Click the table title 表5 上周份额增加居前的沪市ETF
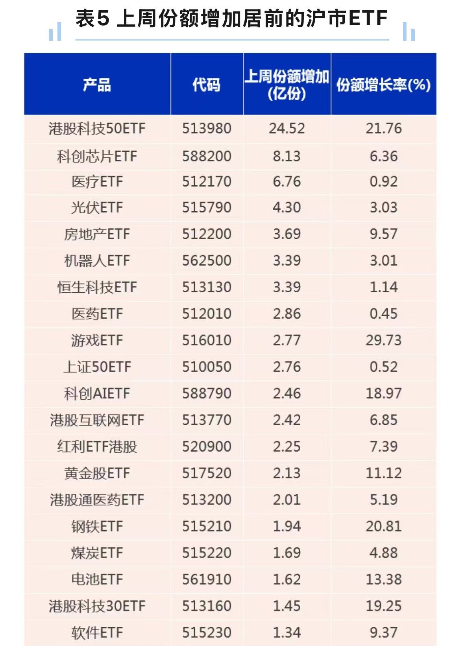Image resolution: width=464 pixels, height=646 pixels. [x=231, y=18]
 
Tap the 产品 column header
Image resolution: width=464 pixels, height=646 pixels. [x=97, y=85]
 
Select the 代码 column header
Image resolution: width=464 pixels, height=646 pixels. [x=206, y=85]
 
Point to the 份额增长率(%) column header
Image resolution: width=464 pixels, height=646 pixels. [x=383, y=85]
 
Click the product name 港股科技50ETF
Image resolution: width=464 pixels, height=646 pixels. [x=97, y=129]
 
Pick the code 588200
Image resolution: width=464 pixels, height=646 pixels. [x=207, y=156]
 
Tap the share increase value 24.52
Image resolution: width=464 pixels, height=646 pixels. [x=287, y=129]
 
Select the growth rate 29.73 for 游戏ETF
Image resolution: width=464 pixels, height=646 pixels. [x=383, y=340]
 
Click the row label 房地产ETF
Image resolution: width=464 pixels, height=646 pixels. [x=97, y=234]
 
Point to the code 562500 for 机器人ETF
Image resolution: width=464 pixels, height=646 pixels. [x=207, y=260]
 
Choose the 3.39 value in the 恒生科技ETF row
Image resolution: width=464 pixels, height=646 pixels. [x=287, y=287]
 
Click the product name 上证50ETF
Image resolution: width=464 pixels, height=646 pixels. [x=97, y=367]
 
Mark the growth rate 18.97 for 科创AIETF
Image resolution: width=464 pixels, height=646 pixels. [x=383, y=393]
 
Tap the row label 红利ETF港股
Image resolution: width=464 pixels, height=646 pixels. [x=97, y=447]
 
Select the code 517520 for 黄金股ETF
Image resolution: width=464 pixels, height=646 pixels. [x=207, y=473]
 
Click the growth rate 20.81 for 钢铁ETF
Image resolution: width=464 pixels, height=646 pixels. [x=383, y=526]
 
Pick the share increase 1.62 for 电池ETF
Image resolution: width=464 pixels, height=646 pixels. [x=287, y=579]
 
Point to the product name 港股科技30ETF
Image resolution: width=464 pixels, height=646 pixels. [x=97, y=606]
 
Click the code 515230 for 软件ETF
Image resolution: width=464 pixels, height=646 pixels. [x=207, y=633]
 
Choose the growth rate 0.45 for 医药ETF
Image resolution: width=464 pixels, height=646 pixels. [x=383, y=314]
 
